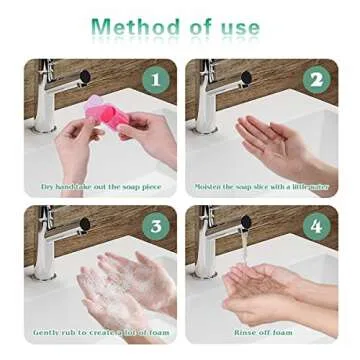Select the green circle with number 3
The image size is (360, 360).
(x=156, y=226)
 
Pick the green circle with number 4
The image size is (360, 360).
(x=317, y=226)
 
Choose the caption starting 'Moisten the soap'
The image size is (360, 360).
(x=262, y=187)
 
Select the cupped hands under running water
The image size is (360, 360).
(x=262, y=290)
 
